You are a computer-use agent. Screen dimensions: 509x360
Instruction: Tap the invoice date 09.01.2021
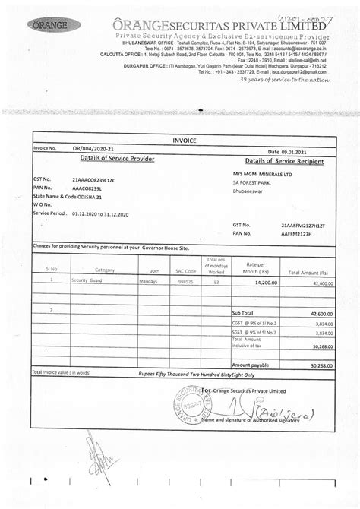click(298, 152)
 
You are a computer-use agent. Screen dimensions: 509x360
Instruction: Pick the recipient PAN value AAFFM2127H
click(298, 235)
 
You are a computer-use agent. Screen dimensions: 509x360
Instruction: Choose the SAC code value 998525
click(185, 281)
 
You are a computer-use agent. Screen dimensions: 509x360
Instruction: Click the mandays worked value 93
click(216, 282)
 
